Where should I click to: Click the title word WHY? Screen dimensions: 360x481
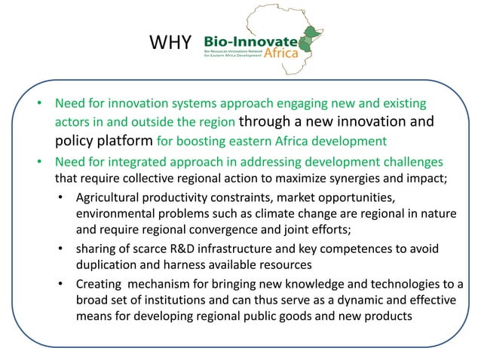pos(172,43)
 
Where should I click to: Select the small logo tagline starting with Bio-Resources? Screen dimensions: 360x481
pos(240,54)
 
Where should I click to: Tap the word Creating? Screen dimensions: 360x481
pos(99,284)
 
